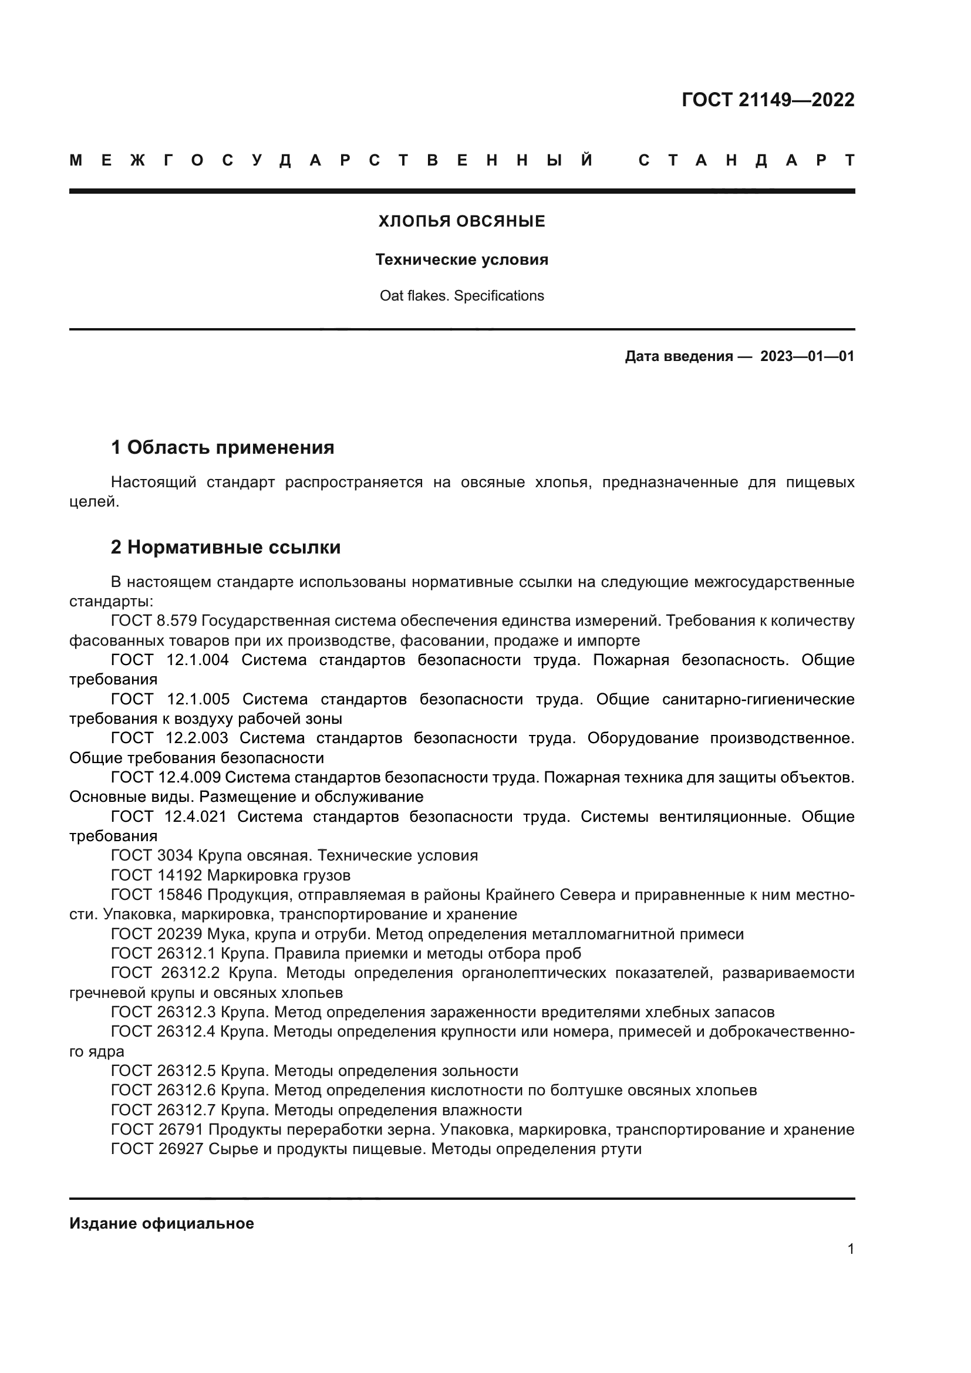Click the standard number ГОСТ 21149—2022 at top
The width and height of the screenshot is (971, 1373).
point(768,100)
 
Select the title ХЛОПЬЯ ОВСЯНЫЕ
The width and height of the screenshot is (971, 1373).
point(461,222)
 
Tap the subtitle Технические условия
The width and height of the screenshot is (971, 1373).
point(461,260)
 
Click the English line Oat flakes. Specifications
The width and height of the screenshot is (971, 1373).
point(461,296)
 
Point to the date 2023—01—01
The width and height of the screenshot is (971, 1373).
point(807,357)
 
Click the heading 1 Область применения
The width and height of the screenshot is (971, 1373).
point(222,447)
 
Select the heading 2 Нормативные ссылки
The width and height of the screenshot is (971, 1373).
point(225,547)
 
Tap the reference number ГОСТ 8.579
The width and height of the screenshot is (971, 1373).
point(154,620)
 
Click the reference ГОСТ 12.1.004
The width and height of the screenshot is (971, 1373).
point(170,660)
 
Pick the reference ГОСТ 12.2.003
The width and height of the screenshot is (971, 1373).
point(169,738)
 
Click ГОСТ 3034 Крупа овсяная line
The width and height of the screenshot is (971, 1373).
point(294,856)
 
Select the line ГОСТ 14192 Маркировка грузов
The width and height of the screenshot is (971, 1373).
point(230,875)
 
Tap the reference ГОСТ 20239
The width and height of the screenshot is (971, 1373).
point(157,934)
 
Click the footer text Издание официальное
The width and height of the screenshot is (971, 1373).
point(161,1223)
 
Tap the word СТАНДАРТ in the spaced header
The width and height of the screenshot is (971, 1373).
point(746,160)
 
